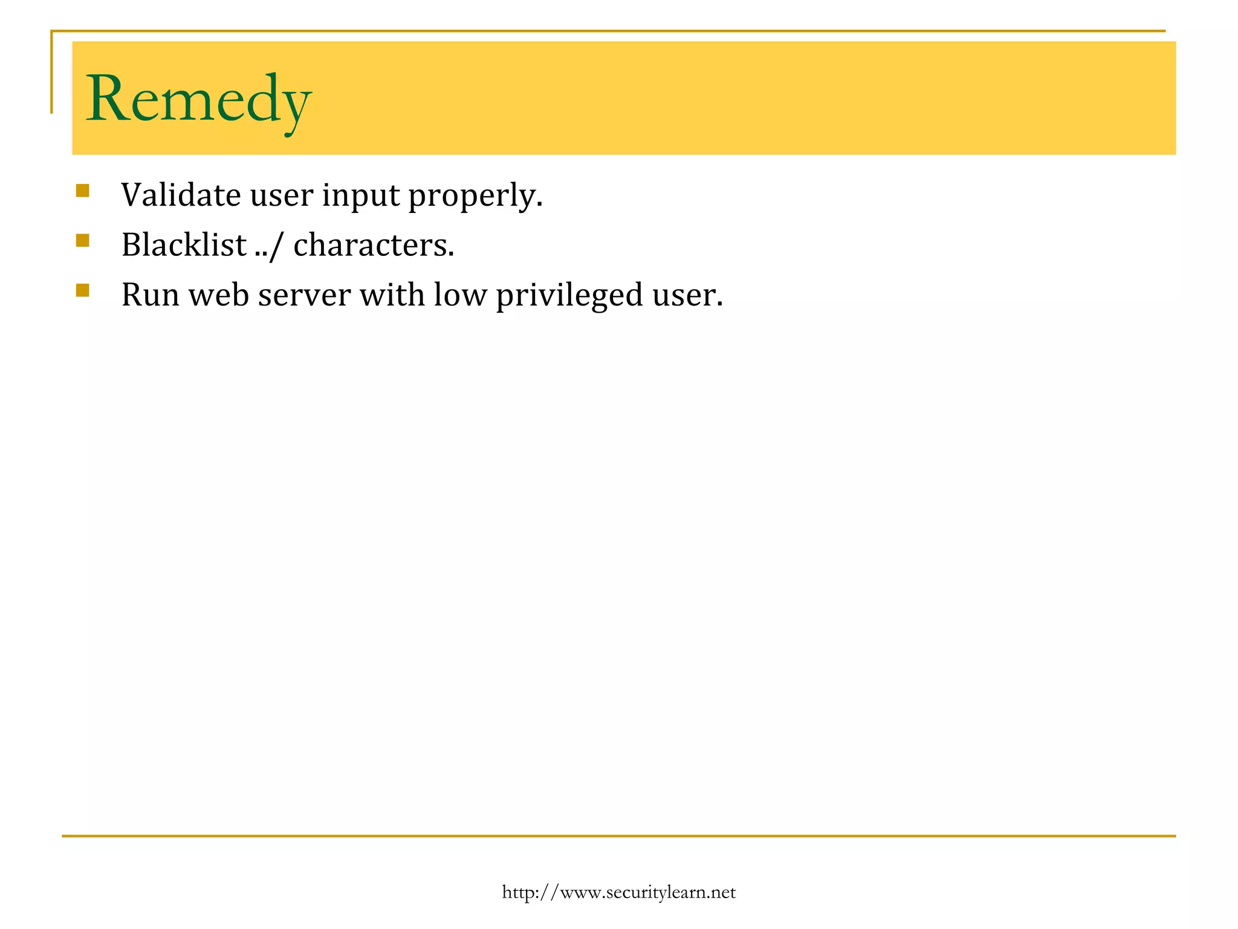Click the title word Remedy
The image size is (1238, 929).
tap(198, 99)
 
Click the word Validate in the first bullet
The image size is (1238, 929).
tap(181, 195)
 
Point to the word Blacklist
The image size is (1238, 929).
tap(184, 245)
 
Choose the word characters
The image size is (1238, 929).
tap(373, 246)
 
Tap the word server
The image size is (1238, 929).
tap(304, 296)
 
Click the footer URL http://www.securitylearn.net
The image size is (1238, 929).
tap(618, 892)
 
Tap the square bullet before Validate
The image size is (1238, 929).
tap(83, 191)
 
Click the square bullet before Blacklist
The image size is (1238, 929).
tap(83, 241)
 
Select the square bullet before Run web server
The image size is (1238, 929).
tap(83, 290)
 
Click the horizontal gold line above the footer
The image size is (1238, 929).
tap(618, 836)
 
